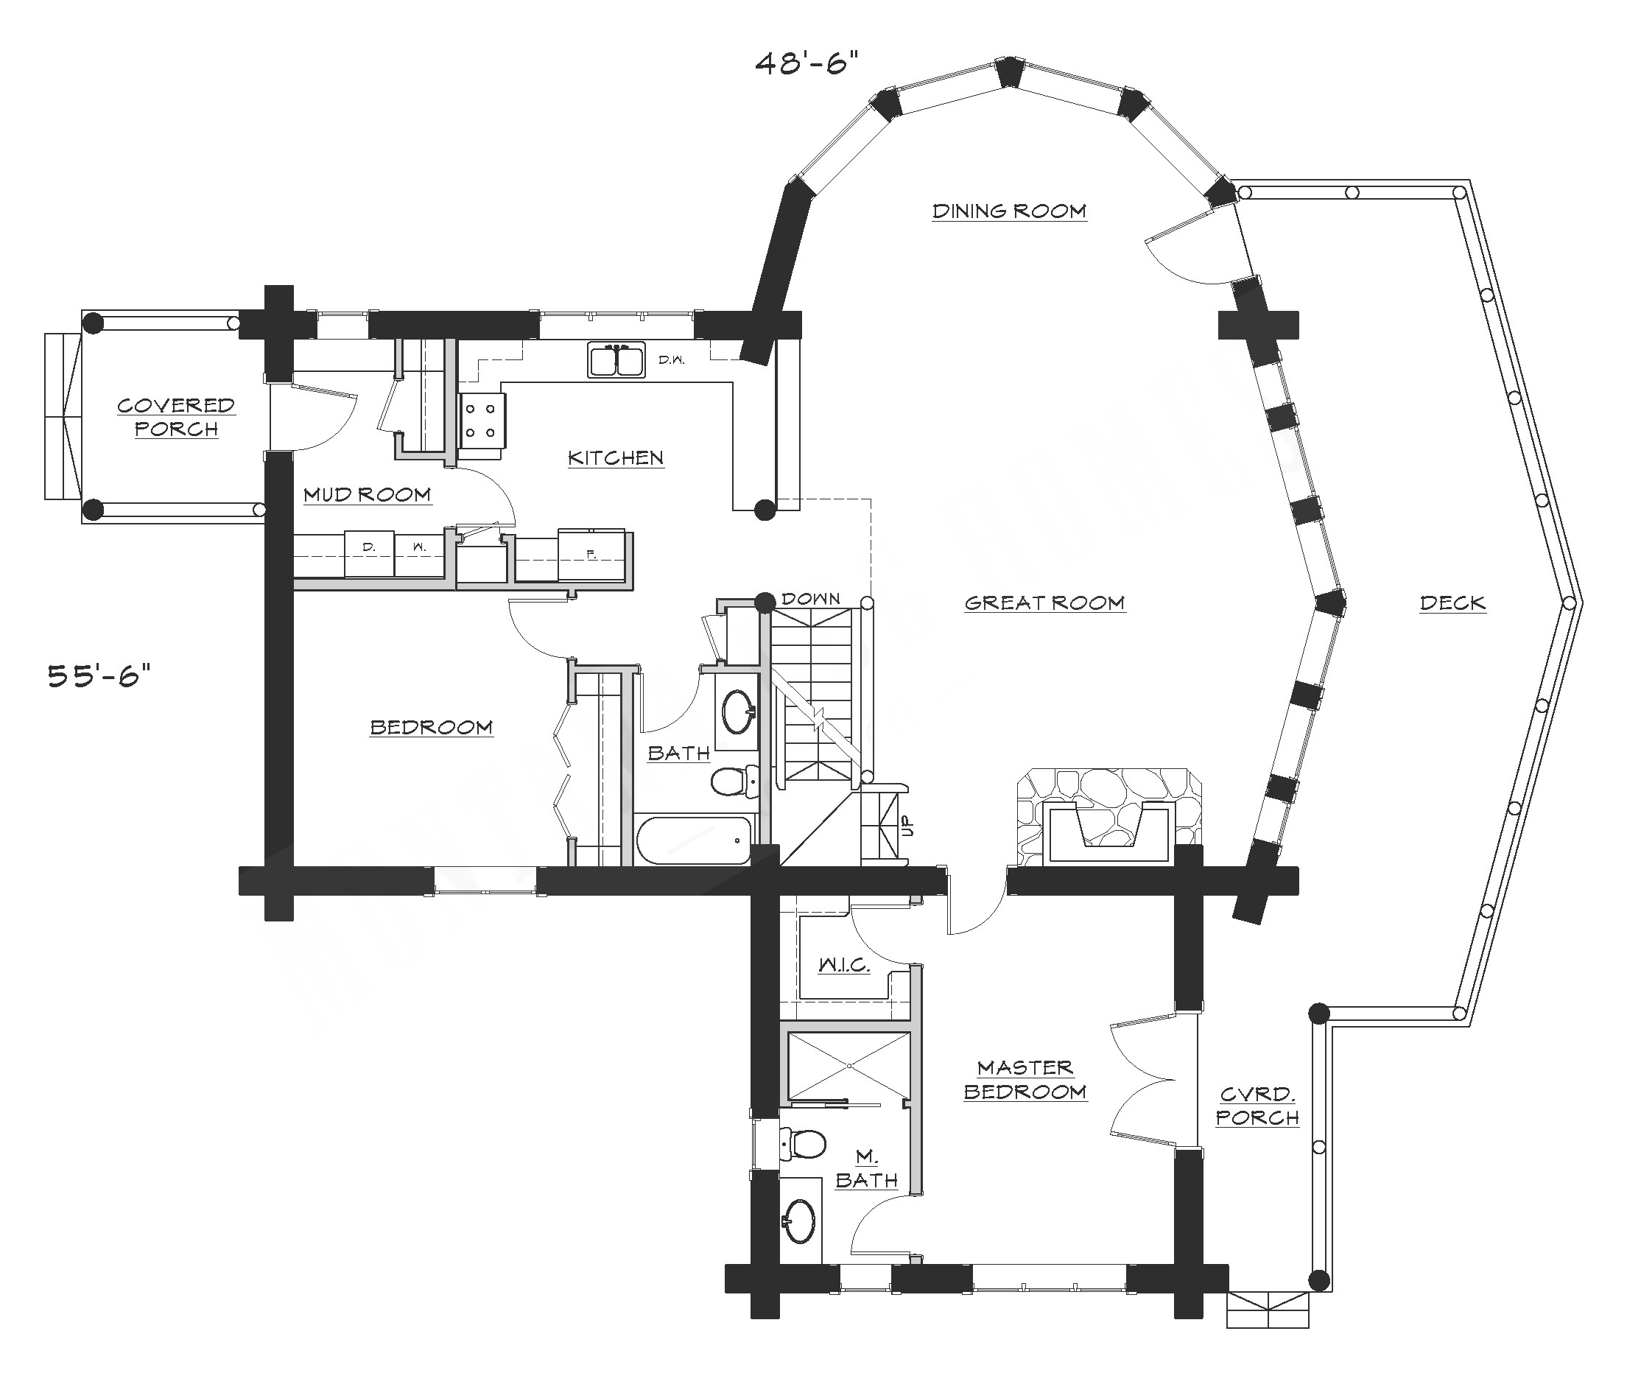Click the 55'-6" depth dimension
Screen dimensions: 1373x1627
pos(99,675)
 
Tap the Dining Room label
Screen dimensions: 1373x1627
pos(1008,211)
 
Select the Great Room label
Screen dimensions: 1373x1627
pos(1044,603)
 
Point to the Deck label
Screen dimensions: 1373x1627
pos(1452,603)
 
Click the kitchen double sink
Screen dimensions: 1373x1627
pos(616,361)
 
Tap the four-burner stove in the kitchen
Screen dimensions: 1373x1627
pos(482,421)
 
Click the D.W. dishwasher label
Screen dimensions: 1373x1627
pos(671,359)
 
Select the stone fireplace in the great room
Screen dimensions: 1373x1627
pos(1108,818)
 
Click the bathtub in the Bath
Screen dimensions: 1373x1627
pos(693,840)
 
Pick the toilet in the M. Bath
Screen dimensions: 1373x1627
pos(804,1143)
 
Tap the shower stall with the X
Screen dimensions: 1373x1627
pos(849,1066)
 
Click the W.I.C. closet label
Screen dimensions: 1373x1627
pos(843,965)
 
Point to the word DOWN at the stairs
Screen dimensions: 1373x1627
pos(811,599)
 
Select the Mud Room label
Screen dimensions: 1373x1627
pos(367,494)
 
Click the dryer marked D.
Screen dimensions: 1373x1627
pos(369,553)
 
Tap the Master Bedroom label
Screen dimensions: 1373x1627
pos(1025,1080)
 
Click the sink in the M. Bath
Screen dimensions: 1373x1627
pos(800,1221)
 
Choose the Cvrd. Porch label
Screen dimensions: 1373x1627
pos(1257,1105)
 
